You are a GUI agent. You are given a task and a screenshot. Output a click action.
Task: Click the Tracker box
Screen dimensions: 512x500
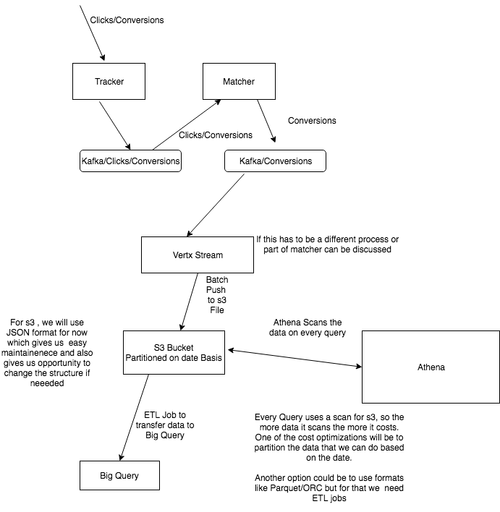point(109,81)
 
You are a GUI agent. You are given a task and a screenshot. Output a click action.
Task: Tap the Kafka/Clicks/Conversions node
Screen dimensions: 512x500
point(130,161)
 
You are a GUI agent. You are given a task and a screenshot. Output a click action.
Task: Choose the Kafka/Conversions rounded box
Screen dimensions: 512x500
point(275,161)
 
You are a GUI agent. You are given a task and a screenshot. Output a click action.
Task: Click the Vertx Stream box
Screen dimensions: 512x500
point(197,255)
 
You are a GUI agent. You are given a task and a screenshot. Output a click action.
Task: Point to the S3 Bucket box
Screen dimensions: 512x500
point(174,353)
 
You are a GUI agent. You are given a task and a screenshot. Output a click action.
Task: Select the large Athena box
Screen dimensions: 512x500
point(431,367)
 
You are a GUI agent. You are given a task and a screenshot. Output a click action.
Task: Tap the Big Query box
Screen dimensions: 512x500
point(119,475)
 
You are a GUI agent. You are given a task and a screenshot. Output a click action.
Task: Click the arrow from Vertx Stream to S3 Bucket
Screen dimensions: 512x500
point(190,301)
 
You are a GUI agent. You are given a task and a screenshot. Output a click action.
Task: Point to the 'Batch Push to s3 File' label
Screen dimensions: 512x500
point(216,294)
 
